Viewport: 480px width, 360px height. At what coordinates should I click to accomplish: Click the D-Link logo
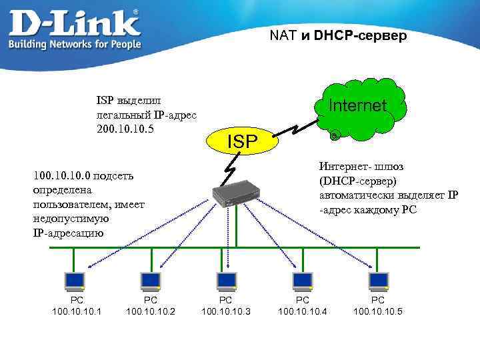75,23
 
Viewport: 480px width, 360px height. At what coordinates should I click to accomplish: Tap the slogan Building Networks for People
74,44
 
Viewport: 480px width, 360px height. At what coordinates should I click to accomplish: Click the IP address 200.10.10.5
125,127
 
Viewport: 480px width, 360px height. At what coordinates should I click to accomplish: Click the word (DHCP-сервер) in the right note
358,181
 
